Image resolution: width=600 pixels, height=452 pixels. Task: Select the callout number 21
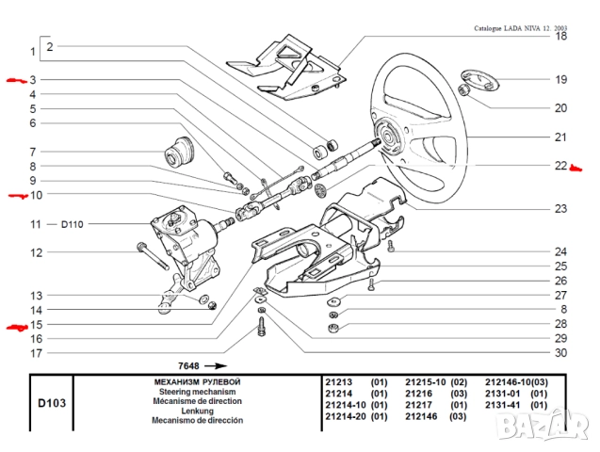click(x=560, y=137)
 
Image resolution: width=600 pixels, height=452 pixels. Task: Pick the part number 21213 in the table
click(x=338, y=381)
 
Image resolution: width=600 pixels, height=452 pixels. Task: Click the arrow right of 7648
click(x=216, y=364)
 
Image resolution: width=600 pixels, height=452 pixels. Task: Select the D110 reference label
click(x=73, y=224)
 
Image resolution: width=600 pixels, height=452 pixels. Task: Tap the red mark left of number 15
click(x=17, y=328)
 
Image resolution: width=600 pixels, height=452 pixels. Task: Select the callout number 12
click(x=35, y=252)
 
